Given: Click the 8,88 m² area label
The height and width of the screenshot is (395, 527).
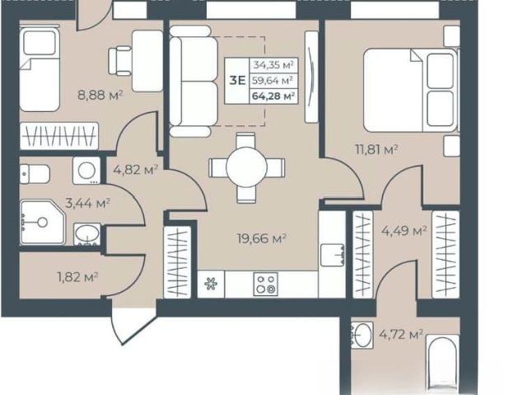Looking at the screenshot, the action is click(100, 95).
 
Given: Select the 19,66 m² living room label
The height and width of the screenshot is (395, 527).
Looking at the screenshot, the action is click(262, 238).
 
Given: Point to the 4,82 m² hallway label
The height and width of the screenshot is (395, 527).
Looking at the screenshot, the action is click(135, 170).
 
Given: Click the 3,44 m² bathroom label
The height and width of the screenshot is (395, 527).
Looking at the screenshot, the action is click(88, 203).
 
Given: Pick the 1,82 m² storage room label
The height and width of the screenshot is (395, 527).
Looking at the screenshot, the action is click(77, 277).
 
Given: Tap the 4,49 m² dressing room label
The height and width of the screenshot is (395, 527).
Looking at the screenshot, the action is click(404, 231).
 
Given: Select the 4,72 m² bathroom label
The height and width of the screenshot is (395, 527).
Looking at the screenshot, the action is click(401, 335).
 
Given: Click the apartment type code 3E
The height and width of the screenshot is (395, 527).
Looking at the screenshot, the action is click(237, 81).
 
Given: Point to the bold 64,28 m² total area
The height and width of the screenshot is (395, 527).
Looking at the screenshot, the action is click(273, 96).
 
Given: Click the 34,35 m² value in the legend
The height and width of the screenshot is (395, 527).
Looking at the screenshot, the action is click(273, 64).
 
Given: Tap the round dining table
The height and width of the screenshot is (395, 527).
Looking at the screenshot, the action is click(247, 167).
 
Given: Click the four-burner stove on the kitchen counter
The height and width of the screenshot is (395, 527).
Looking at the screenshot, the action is click(265, 284).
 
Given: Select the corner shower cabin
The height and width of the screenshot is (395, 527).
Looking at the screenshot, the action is click(42, 222).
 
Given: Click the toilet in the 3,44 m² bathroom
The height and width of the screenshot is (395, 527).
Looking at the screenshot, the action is click(35, 174).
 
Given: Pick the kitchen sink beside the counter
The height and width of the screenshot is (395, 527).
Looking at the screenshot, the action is click(333, 255).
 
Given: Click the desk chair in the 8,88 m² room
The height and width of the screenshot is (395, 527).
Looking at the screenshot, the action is click(119, 61).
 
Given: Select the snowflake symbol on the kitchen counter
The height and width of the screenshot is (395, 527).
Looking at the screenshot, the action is click(211, 284).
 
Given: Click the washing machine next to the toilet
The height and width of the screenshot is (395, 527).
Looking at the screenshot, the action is click(86, 171).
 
